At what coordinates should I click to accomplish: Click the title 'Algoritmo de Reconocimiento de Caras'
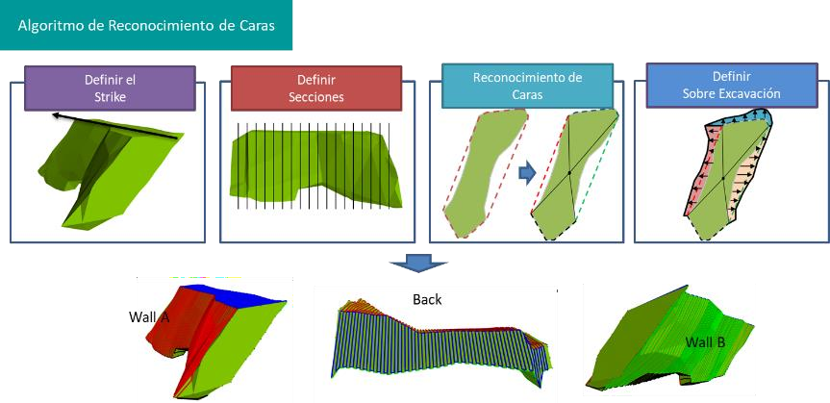click(146, 26)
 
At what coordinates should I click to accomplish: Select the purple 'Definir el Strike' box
click(110, 88)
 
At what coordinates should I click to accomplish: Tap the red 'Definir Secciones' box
click(316, 88)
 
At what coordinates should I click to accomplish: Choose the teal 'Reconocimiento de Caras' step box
click(527, 86)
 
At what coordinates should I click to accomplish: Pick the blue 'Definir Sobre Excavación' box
click(732, 86)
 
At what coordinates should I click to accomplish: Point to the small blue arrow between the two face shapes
click(527, 172)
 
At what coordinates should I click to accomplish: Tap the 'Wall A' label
click(149, 316)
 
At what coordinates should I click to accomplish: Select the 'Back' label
click(427, 300)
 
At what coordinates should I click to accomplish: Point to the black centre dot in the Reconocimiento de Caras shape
click(569, 172)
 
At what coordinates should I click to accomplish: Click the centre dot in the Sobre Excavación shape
click(723, 179)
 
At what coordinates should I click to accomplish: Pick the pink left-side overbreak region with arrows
click(700, 169)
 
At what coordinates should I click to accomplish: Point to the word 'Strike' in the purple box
click(111, 97)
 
